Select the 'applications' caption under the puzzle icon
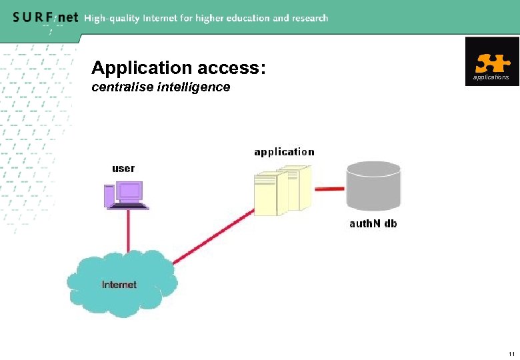coord(491,77)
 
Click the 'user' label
coord(123,168)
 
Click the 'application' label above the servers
coord(284,152)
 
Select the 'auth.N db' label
coord(373,224)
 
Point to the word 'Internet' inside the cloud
coord(119,285)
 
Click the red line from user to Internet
coord(129,230)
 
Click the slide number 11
coord(511,353)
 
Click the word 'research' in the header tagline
coord(310,18)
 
